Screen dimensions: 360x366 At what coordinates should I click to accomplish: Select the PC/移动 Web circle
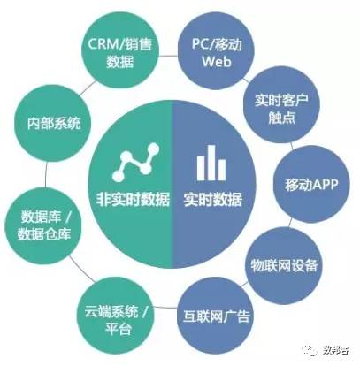(x=216, y=52)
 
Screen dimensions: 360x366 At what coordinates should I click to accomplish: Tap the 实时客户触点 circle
(x=281, y=105)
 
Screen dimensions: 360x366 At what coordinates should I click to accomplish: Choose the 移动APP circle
(x=311, y=184)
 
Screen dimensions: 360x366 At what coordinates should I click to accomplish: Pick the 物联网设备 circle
(x=284, y=266)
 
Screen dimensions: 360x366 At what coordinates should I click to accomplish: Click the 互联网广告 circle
(x=216, y=316)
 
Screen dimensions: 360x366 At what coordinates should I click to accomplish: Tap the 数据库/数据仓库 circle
(x=44, y=226)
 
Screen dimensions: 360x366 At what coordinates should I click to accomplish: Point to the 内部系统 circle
(x=53, y=123)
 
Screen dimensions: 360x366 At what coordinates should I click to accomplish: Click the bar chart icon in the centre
(x=211, y=163)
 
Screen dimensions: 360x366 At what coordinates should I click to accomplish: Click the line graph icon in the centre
(x=136, y=162)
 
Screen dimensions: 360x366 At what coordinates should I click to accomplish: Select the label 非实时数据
(x=134, y=200)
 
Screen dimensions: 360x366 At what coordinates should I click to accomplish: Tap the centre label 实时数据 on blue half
(x=213, y=200)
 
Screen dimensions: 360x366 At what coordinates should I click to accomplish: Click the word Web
(x=216, y=61)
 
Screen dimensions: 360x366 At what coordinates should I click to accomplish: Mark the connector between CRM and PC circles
(x=168, y=56)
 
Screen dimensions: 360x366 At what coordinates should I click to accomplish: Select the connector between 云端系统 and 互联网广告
(x=167, y=308)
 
